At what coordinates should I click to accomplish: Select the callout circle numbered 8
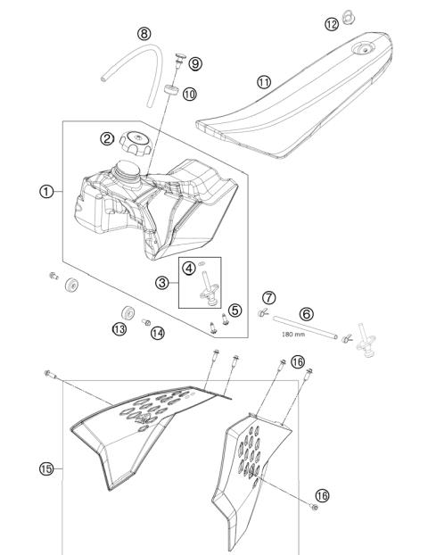point(144,34)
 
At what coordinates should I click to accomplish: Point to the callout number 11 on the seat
point(264,82)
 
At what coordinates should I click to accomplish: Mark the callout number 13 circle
point(119,328)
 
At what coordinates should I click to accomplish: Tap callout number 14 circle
point(158,333)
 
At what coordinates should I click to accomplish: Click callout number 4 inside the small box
point(188,266)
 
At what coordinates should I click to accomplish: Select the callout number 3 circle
point(162,283)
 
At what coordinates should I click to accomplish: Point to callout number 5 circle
point(235,310)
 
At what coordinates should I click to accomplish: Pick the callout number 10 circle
point(188,93)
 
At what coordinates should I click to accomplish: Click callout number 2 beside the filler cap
point(107,138)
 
